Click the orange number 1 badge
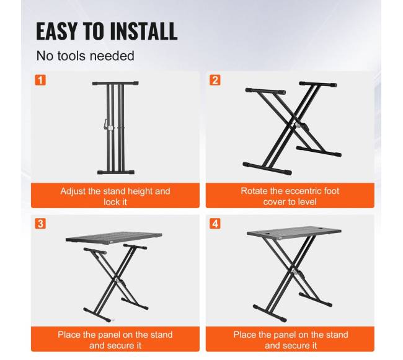(x=40, y=80)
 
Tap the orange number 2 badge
(x=215, y=80)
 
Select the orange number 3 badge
(x=40, y=224)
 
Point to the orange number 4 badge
(x=215, y=224)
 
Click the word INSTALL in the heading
(x=144, y=31)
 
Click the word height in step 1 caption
(x=139, y=191)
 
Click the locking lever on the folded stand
(x=105, y=124)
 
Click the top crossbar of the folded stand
(x=115, y=83)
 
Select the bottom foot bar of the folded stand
(x=116, y=172)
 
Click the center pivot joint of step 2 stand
(x=298, y=125)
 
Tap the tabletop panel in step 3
(x=114, y=237)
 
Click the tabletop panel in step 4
(x=294, y=232)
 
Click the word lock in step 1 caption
(x=109, y=202)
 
